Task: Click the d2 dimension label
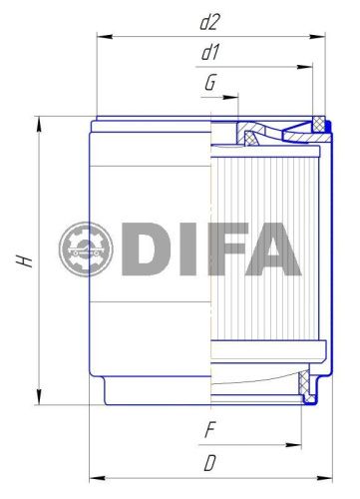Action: (210, 20)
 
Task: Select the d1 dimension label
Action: (210, 51)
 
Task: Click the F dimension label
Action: (209, 431)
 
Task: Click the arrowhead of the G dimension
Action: (236, 98)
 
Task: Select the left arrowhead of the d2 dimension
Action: (101, 36)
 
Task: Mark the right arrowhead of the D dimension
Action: (326, 476)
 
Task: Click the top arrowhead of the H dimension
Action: (39, 123)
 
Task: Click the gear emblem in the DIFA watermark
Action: (87, 249)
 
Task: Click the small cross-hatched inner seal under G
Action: (245, 132)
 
